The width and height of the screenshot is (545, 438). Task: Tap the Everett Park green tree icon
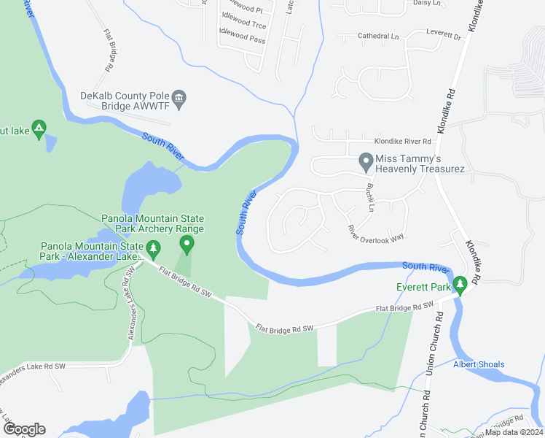click(x=459, y=283)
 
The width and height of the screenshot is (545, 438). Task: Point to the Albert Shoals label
click(x=479, y=364)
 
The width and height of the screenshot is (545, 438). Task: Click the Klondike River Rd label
click(x=403, y=142)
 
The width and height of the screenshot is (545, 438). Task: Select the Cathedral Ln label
click(x=378, y=35)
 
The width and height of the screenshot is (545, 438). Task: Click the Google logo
click(x=23, y=429)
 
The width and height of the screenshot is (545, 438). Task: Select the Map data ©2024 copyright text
click(x=514, y=432)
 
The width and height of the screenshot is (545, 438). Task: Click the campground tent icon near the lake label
click(x=39, y=128)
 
